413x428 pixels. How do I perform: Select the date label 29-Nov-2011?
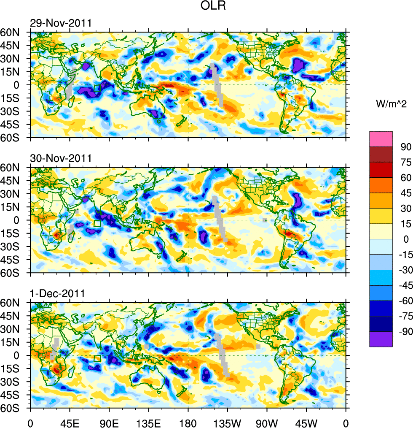[x=61, y=23]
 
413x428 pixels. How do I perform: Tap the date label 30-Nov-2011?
[x=61, y=159]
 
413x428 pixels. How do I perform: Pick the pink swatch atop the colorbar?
[x=381, y=139]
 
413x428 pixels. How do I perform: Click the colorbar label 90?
[x=405, y=146]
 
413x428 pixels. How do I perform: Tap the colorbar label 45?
[x=405, y=193]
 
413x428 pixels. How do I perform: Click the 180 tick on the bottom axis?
[x=188, y=423]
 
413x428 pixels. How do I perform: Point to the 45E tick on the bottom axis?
[x=70, y=423]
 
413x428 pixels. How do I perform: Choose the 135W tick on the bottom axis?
[x=228, y=423]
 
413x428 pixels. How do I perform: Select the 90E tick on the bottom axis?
[x=109, y=423]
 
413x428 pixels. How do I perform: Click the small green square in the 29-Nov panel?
[x=97, y=88]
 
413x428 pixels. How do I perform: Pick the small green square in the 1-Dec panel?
[x=97, y=359]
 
